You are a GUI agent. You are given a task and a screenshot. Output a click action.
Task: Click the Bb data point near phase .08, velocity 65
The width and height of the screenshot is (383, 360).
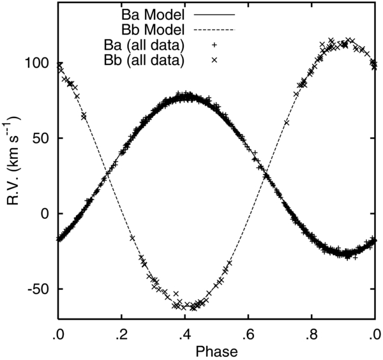click(84, 116)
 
